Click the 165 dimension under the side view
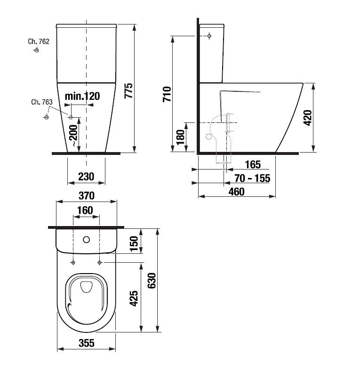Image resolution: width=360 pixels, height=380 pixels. (x=253, y=165)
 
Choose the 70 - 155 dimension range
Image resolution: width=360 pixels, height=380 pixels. (x=252, y=178)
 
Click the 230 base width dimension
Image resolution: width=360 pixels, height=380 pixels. (x=86, y=177)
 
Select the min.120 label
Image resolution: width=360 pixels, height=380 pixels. (x=82, y=97)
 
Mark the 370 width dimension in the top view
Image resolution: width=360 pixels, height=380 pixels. (x=86, y=195)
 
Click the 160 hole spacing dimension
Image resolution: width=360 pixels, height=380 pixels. (x=85, y=210)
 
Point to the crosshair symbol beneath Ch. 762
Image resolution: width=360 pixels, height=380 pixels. (x=36, y=50)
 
